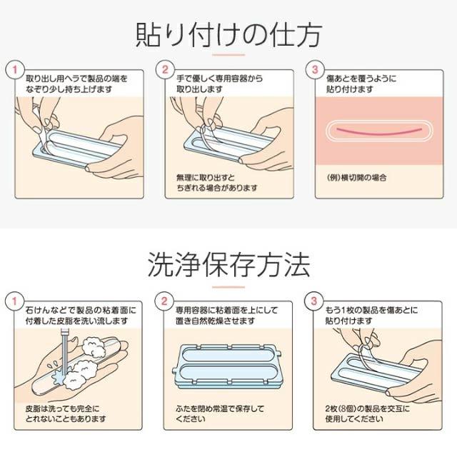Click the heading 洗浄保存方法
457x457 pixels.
tap(228, 265)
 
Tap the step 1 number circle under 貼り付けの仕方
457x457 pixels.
tap(11, 70)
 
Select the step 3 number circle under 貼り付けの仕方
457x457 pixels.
tap(314, 70)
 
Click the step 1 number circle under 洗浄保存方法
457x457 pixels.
tap(11, 301)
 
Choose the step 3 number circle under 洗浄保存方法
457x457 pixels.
tap(314, 301)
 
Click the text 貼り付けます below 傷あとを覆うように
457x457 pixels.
tap(348, 89)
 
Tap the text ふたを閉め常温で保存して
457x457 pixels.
tap(219, 408)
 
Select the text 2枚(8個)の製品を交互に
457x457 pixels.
tap(367, 408)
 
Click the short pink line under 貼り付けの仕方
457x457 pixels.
tap(228, 56)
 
